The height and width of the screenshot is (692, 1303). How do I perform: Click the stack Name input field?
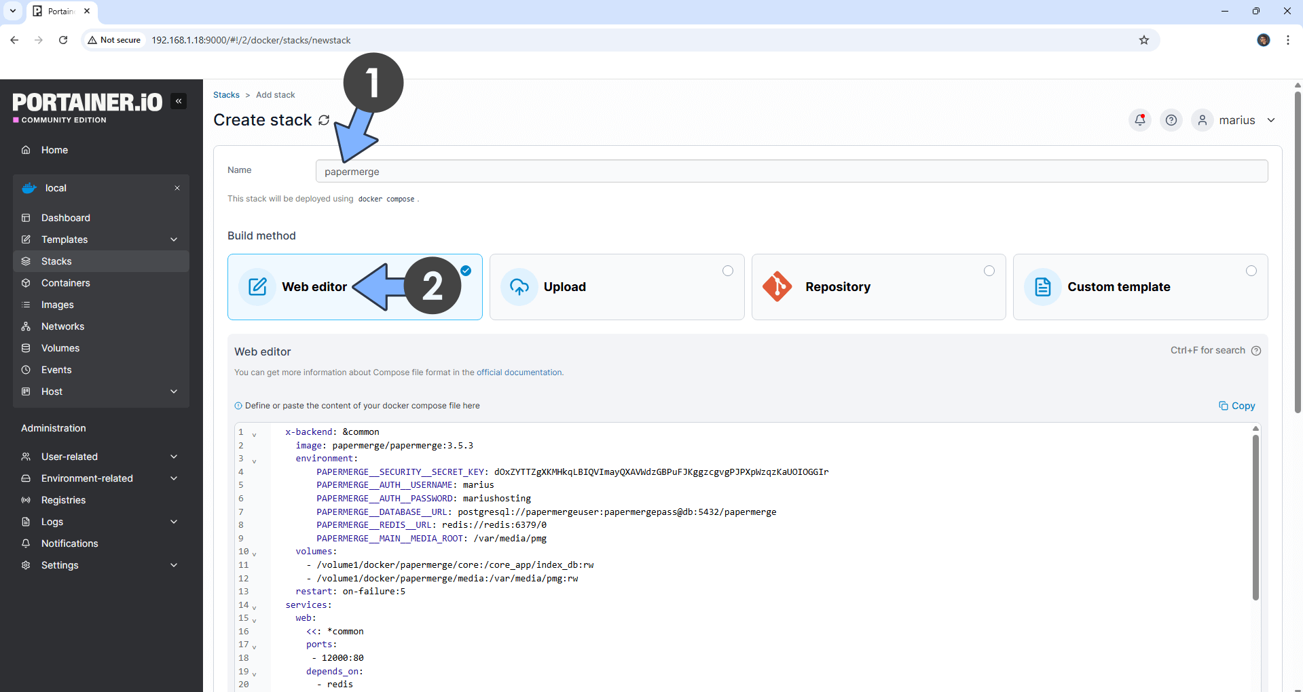click(x=791, y=171)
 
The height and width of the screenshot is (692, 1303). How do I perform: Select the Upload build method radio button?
click(x=728, y=271)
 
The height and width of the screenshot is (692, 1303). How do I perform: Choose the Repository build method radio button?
click(x=989, y=271)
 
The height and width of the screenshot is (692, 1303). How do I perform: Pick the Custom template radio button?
click(x=1251, y=271)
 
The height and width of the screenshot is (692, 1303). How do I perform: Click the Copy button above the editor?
click(x=1237, y=406)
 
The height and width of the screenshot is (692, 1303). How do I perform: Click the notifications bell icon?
click(x=1140, y=120)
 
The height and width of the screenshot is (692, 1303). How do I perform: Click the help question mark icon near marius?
click(x=1171, y=120)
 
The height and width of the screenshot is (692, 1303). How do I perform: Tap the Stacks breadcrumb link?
click(x=226, y=95)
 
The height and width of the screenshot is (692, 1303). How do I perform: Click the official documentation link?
click(x=519, y=372)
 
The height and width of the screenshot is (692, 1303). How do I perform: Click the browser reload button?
click(x=63, y=40)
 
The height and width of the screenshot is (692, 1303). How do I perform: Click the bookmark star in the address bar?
click(x=1144, y=40)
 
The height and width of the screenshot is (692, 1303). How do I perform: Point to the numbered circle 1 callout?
click(x=373, y=83)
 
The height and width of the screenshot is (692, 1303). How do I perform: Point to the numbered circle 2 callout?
click(x=433, y=285)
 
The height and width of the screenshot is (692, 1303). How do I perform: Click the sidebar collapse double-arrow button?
click(x=179, y=101)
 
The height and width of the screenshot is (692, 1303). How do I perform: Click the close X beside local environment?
click(x=177, y=188)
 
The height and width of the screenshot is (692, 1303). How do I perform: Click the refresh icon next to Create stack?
click(x=324, y=120)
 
